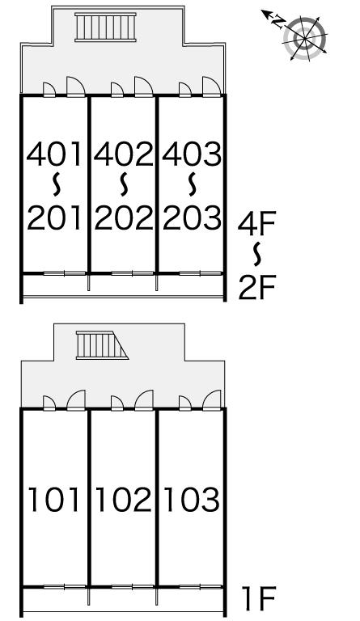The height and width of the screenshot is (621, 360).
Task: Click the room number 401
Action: pos(54,154)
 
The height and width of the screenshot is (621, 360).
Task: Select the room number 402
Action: pos(124,154)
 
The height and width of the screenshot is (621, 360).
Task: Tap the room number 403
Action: pos(192,154)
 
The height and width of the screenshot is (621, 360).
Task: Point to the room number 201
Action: pos(54,218)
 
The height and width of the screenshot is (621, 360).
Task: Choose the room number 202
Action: pos(124,218)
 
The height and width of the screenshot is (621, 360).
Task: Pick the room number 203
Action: pos(192,218)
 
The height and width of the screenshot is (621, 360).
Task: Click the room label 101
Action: pos(54,500)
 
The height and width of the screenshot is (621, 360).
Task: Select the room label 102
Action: pos(124,500)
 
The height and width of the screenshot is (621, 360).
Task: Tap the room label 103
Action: pos(192,500)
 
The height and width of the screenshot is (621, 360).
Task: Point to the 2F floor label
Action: pos(256,288)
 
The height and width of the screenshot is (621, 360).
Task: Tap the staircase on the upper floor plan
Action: pos(105,27)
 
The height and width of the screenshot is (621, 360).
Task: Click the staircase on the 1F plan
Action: pos(102,345)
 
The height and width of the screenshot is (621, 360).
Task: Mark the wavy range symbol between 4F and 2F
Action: pos(257,253)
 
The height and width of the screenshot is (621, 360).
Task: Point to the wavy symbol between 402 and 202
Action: pos(124,184)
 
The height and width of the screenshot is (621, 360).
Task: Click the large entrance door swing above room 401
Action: pos(76,87)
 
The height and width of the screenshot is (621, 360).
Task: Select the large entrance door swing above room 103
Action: pos(211,400)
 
